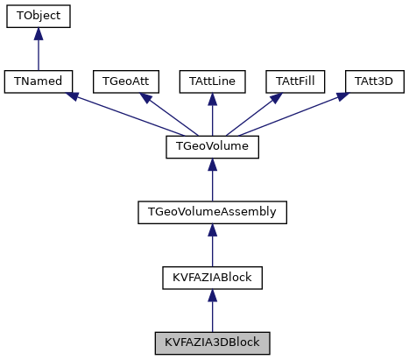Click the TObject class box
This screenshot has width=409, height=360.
tap(38, 16)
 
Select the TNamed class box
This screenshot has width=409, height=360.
tap(38, 81)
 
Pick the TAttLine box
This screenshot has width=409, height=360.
tap(212, 81)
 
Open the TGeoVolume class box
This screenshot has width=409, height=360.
tap(212, 146)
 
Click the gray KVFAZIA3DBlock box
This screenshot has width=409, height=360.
tap(212, 342)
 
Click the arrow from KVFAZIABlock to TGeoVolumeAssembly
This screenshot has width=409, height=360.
tap(212, 246)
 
